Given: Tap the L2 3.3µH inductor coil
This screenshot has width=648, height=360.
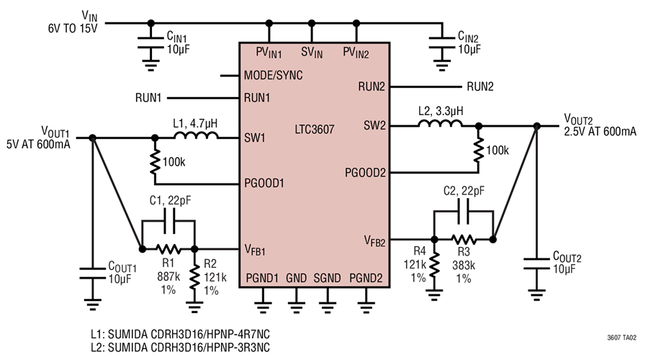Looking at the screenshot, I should [x=440, y=125].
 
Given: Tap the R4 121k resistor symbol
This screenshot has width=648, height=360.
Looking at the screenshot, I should [x=434, y=264].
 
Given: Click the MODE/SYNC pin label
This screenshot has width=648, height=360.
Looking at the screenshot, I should [x=273, y=75].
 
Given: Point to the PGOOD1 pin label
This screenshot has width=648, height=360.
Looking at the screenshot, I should [x=264, y=183].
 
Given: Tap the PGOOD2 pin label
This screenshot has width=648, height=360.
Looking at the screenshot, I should [x=366, y=173].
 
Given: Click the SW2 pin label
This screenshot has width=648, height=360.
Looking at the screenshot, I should [x=374, y=126].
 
